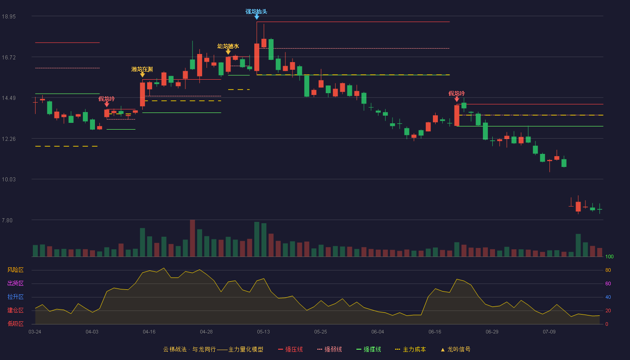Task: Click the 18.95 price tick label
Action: point(9,17)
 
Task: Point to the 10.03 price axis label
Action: point(9,180)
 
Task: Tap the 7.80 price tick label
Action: point(7,220)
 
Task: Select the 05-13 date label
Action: point(263,332)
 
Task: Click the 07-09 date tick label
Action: point(549,332)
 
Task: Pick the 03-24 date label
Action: point(35,332)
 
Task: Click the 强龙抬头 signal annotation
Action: point(256,12)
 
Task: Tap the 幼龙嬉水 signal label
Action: point(228,46)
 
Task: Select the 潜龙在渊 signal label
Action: point(142,69)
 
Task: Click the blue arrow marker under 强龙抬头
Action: point(257,17)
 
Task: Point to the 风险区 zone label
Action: point(15,270)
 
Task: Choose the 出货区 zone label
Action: point(15,283)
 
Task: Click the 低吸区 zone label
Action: point(15,324)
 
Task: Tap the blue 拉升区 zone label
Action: point(15,297)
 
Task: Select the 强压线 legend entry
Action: point(290,349)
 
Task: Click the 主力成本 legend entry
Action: point(410,349)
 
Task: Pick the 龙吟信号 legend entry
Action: point(455,349)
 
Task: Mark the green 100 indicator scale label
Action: point(609,256)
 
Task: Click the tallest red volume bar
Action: point(193,238)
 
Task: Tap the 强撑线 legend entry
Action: point(369,349)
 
